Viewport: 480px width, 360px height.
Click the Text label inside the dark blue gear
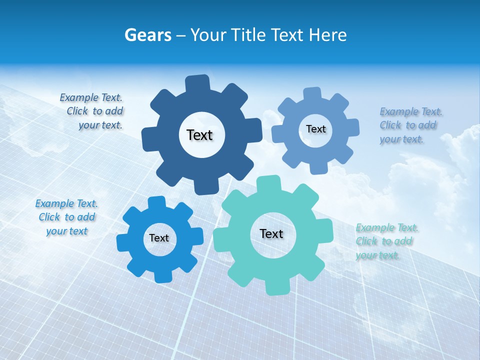(x=199, y=135)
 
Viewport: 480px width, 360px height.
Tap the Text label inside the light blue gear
(x=315, y=129)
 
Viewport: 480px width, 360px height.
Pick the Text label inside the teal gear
(x=271, y=233)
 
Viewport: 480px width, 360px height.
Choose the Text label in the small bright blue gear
(x=159, y=238)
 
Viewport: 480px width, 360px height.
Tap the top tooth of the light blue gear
(x=312, y=94)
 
